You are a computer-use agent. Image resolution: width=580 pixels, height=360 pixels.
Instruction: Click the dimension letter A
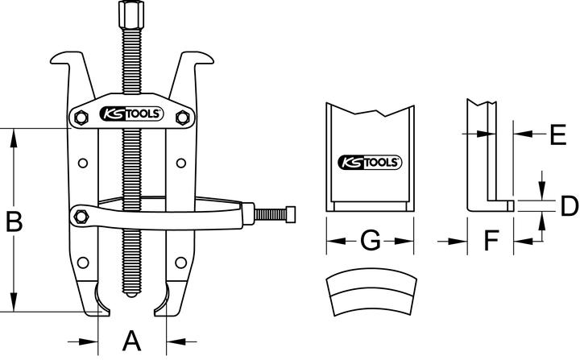click(x=131, y=341)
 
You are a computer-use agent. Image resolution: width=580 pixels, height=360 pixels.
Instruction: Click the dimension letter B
click(x=14, y=220)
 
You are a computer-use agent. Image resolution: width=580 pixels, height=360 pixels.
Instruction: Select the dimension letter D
click(x=569, y=206)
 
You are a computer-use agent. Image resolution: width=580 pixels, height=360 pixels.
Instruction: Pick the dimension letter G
click(x=369, y=241)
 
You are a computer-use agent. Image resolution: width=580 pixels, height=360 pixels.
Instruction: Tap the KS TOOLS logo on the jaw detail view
click(x=369, y=161)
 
